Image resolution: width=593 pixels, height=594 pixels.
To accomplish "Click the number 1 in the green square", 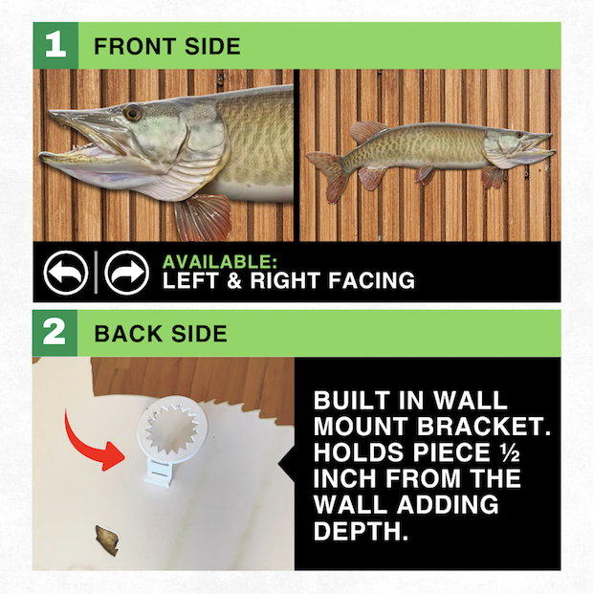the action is [x=55, y=45].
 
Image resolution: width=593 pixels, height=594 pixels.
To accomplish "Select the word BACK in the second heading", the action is [x=128, y=334].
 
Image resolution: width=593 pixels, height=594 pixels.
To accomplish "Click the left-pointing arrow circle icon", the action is [x=66, y=273].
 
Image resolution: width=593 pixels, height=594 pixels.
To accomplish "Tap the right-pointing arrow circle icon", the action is [x=126, y=273].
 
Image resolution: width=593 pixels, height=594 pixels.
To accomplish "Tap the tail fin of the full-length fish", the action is [x=329, y=174].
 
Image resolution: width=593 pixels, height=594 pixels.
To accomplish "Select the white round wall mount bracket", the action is [x=172, y=435].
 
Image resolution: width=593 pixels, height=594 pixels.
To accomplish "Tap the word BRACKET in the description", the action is [x=484, y=427].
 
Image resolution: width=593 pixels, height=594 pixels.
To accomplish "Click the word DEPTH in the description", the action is [x=361, y=531].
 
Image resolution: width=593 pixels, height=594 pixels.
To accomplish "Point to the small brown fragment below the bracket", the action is [x=107, y=540].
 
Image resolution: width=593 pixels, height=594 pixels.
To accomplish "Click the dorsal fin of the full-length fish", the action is [x=368, y=131].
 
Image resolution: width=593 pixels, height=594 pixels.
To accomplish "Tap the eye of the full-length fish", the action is [x=519, y=134].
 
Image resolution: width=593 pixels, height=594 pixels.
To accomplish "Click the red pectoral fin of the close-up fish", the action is [x=204, y=218].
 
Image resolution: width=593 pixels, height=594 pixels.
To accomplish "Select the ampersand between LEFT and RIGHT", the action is [x=234, y=280].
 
